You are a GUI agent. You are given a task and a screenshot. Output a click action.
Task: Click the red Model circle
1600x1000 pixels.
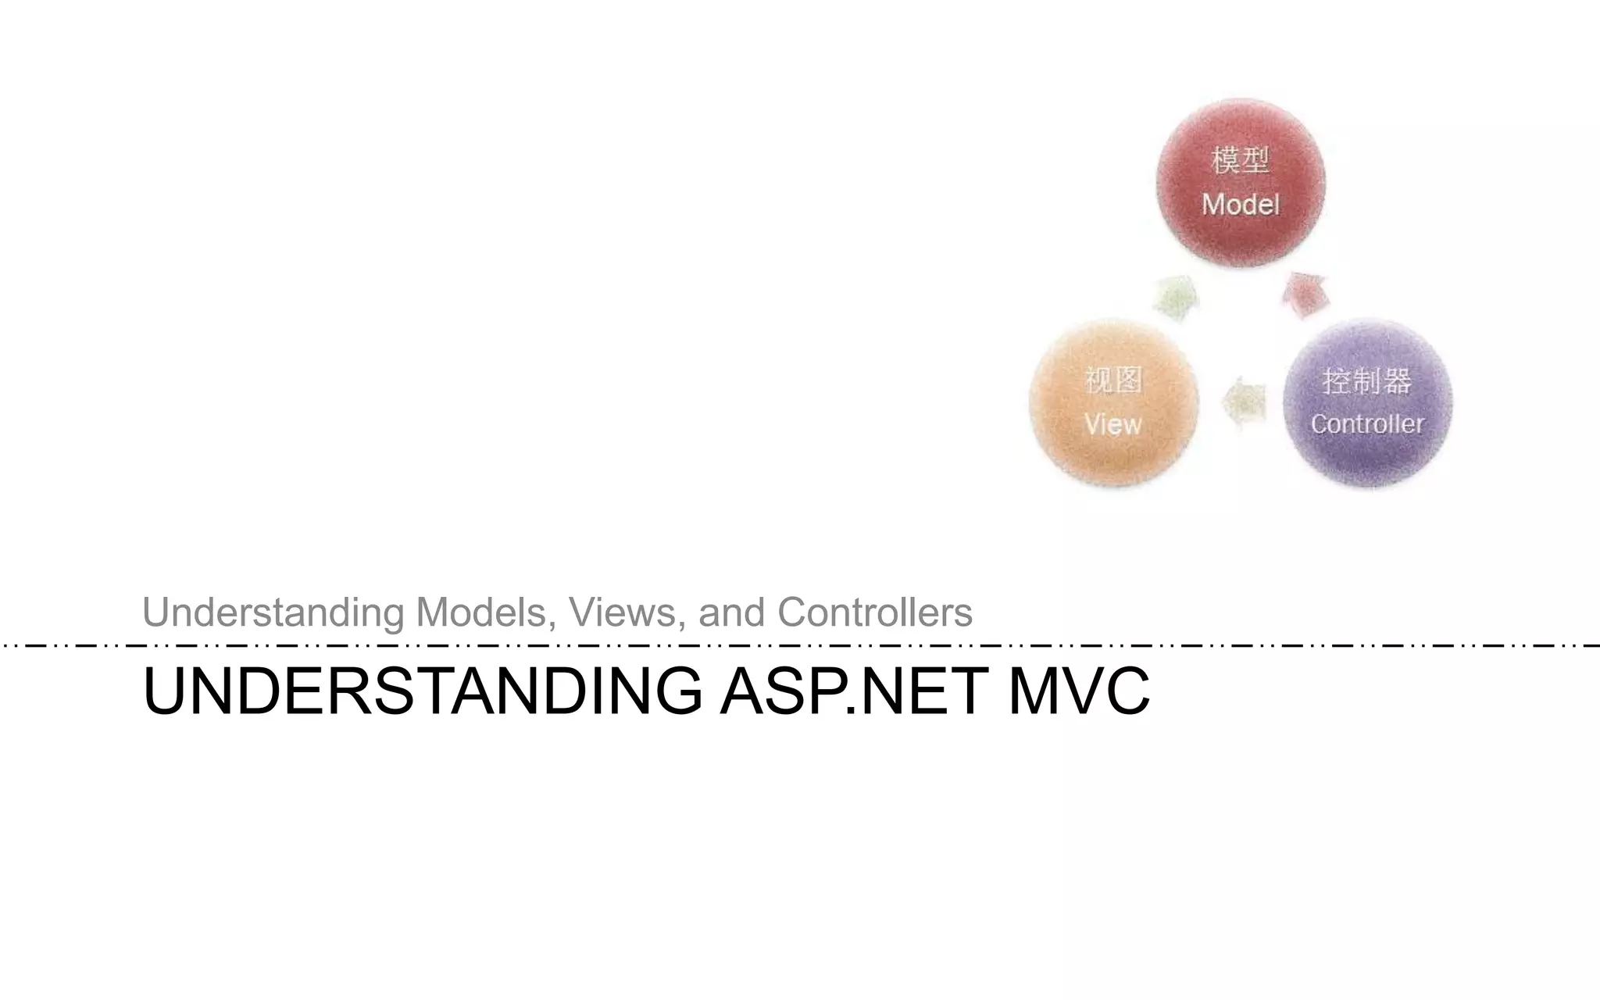[1241, 183]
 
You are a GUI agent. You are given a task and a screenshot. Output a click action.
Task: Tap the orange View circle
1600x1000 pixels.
[1113, 402]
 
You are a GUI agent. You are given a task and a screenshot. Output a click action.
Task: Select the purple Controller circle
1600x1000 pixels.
[1368, 402]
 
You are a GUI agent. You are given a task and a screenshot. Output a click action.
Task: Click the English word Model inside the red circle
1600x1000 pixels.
[1241, 205]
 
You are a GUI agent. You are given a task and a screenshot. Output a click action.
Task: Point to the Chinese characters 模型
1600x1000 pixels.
[1241, 160]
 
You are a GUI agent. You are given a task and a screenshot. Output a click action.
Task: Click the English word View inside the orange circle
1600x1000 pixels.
[1113, 425]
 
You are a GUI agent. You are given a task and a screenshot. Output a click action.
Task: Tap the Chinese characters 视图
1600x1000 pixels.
[1113, 380]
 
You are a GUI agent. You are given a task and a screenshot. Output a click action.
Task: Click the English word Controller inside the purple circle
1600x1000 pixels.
[1367, 424]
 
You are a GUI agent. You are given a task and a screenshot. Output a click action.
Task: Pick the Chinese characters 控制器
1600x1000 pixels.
[1367, 381]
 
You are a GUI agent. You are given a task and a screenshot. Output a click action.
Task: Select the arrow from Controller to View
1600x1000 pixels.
[1244, 402]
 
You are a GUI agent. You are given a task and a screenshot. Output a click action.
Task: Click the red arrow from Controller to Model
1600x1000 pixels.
[1305, 295]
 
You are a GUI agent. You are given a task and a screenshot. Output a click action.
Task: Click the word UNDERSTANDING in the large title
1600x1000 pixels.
[422, 691]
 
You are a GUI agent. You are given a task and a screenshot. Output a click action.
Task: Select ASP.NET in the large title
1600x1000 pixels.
[855, 691]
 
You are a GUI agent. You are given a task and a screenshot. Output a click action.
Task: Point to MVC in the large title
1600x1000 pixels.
[1079, 691]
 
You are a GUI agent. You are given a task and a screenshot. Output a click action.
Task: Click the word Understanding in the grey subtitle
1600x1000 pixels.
[273, 612]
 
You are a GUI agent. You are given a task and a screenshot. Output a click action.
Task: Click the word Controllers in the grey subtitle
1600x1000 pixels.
[875, 612]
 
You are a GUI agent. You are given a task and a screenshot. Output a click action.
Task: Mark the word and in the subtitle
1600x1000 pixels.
[731, 612]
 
